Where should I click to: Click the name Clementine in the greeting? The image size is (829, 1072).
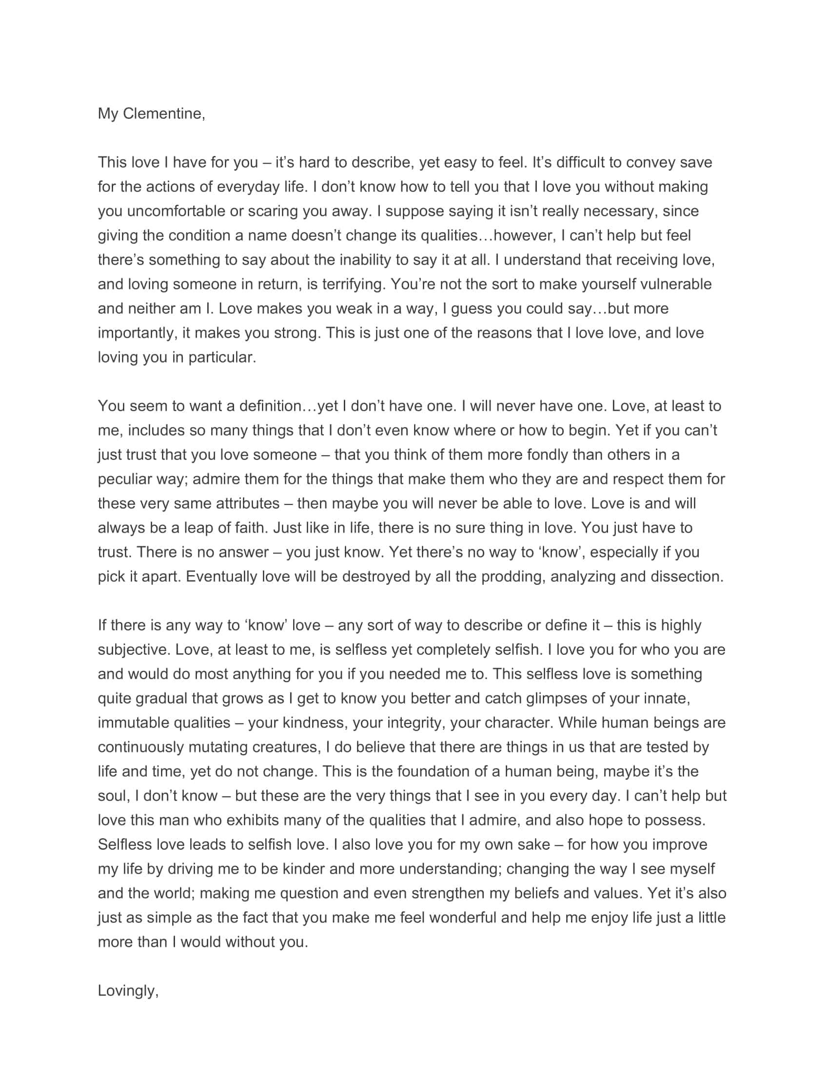[162, 114]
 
